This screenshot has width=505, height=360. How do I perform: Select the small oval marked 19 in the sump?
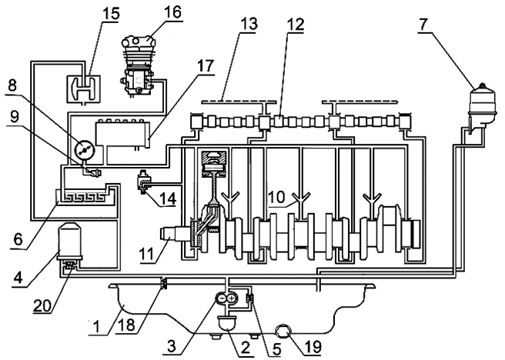pos(283,330)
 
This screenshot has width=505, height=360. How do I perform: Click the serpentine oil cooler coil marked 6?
pos(86,196)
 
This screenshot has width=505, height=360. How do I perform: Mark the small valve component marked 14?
pos(145,184)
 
